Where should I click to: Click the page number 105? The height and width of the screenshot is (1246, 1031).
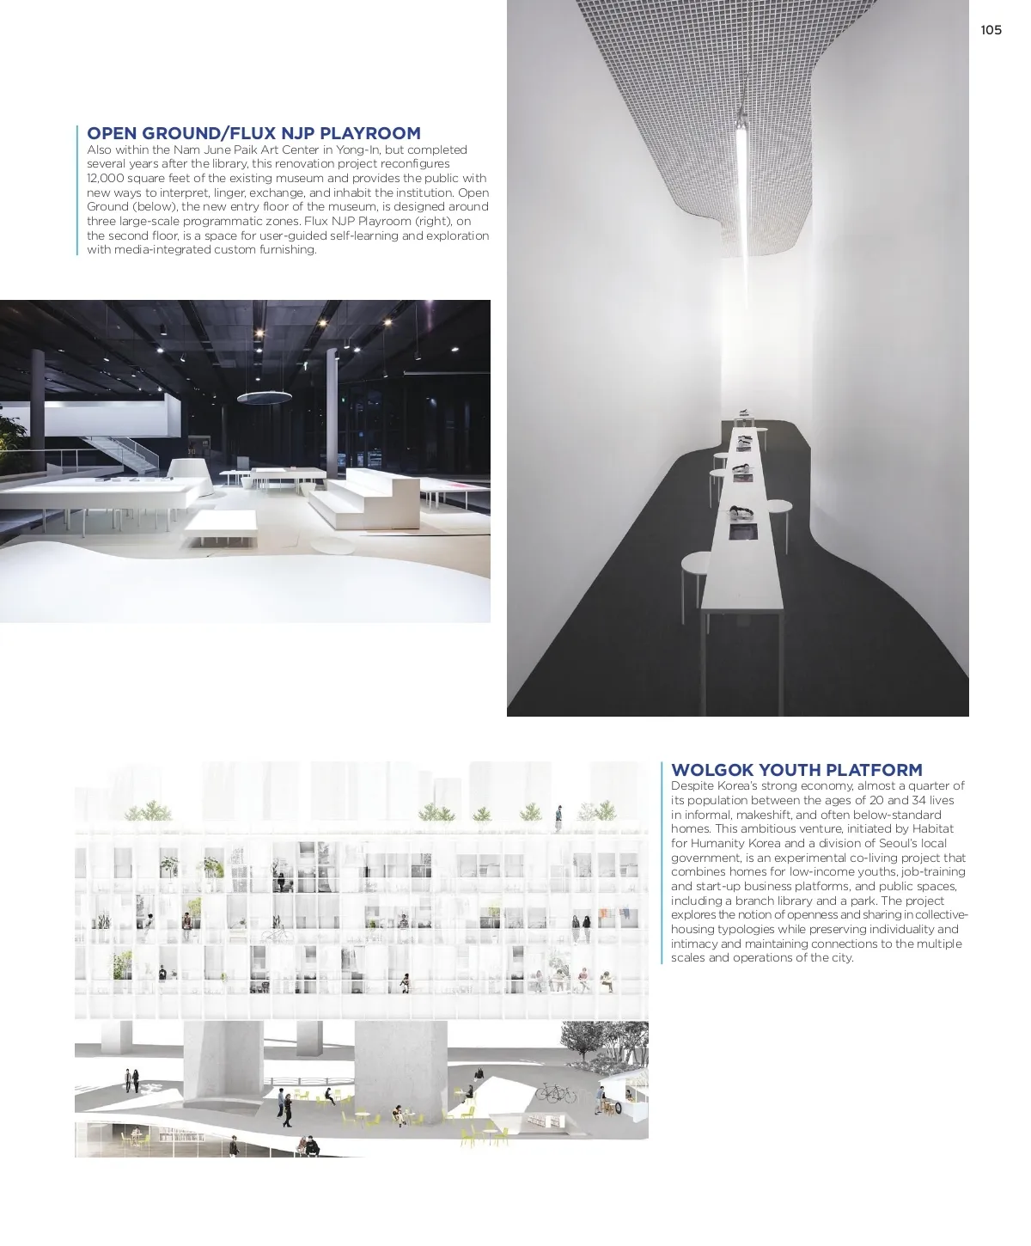(991, 30)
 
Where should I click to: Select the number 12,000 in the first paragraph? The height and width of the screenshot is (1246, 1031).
(106, 178)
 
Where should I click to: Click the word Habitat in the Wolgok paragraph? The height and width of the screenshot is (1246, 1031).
(932, 828)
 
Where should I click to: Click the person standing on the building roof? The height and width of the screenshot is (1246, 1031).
(558, 817)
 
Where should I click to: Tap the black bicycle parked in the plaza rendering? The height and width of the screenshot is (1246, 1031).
(556, 1093)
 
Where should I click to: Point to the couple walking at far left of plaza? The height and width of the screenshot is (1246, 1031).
(131, 1079)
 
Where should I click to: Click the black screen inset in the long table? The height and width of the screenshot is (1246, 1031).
(741, 532)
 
